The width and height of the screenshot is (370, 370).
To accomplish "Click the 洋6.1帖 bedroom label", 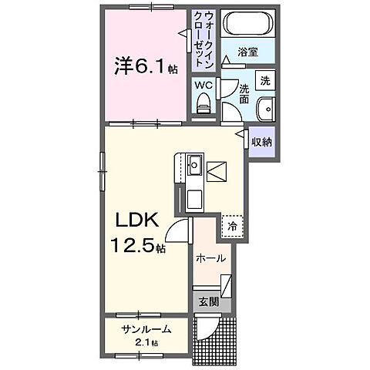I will coord(147,68).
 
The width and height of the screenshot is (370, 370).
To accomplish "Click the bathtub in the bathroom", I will coord(248,25).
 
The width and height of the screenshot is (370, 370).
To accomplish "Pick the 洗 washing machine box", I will coord(265,80).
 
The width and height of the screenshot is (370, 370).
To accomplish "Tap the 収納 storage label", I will coord(262,141).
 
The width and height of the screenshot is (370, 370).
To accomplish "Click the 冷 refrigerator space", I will coord(231,226).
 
